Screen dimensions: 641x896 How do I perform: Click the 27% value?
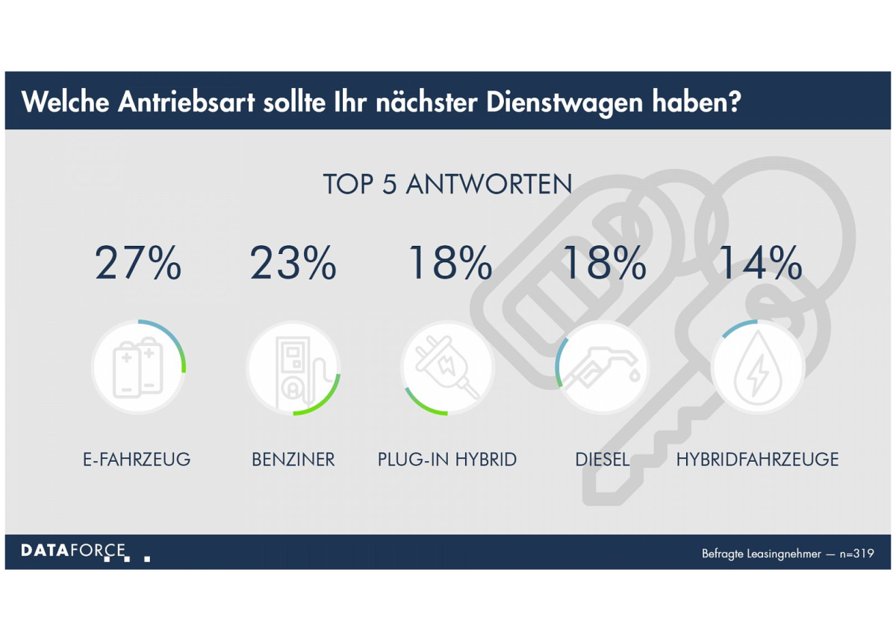[138, 264]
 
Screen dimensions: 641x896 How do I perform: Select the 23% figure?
[293, 264]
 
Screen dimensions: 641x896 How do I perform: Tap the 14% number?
[759, 264]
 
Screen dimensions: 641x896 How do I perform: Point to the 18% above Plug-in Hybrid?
[449, 264]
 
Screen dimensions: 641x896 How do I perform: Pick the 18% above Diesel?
[603, 264]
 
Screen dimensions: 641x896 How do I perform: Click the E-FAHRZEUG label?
[137, 459]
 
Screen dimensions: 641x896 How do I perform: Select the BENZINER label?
[293, 459]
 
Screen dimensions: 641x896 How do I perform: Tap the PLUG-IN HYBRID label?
[447, 459]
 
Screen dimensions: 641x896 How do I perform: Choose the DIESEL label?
[603, 459]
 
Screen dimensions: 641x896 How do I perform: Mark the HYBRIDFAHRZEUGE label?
[757, 459]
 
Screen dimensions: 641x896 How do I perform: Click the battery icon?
[138, 368]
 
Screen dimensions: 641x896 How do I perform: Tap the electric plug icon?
[447, 368]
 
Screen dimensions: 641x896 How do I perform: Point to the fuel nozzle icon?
[603, 368]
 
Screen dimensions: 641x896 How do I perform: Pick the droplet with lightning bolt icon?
[757, 368]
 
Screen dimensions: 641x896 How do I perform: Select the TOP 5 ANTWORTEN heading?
[447, 185]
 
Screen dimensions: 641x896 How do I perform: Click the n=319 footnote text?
[855, 554]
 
